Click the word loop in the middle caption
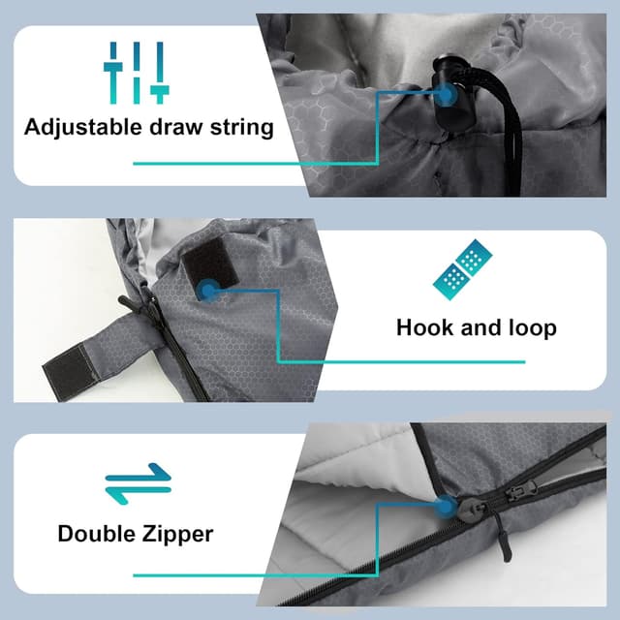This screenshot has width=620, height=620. (533, 328)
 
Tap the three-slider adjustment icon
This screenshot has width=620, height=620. (137, 73)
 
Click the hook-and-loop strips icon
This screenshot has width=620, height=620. (463, 269)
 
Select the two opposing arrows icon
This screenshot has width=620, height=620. (138, 483)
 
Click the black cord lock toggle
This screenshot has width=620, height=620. (450, 96)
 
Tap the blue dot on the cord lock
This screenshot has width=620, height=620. (446, 95)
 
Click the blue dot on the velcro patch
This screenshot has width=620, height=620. (207, 291)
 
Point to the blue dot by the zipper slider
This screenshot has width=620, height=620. (446, 507)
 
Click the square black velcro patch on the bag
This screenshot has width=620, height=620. (210, 263)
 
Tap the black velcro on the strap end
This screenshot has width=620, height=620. (70, 369)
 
